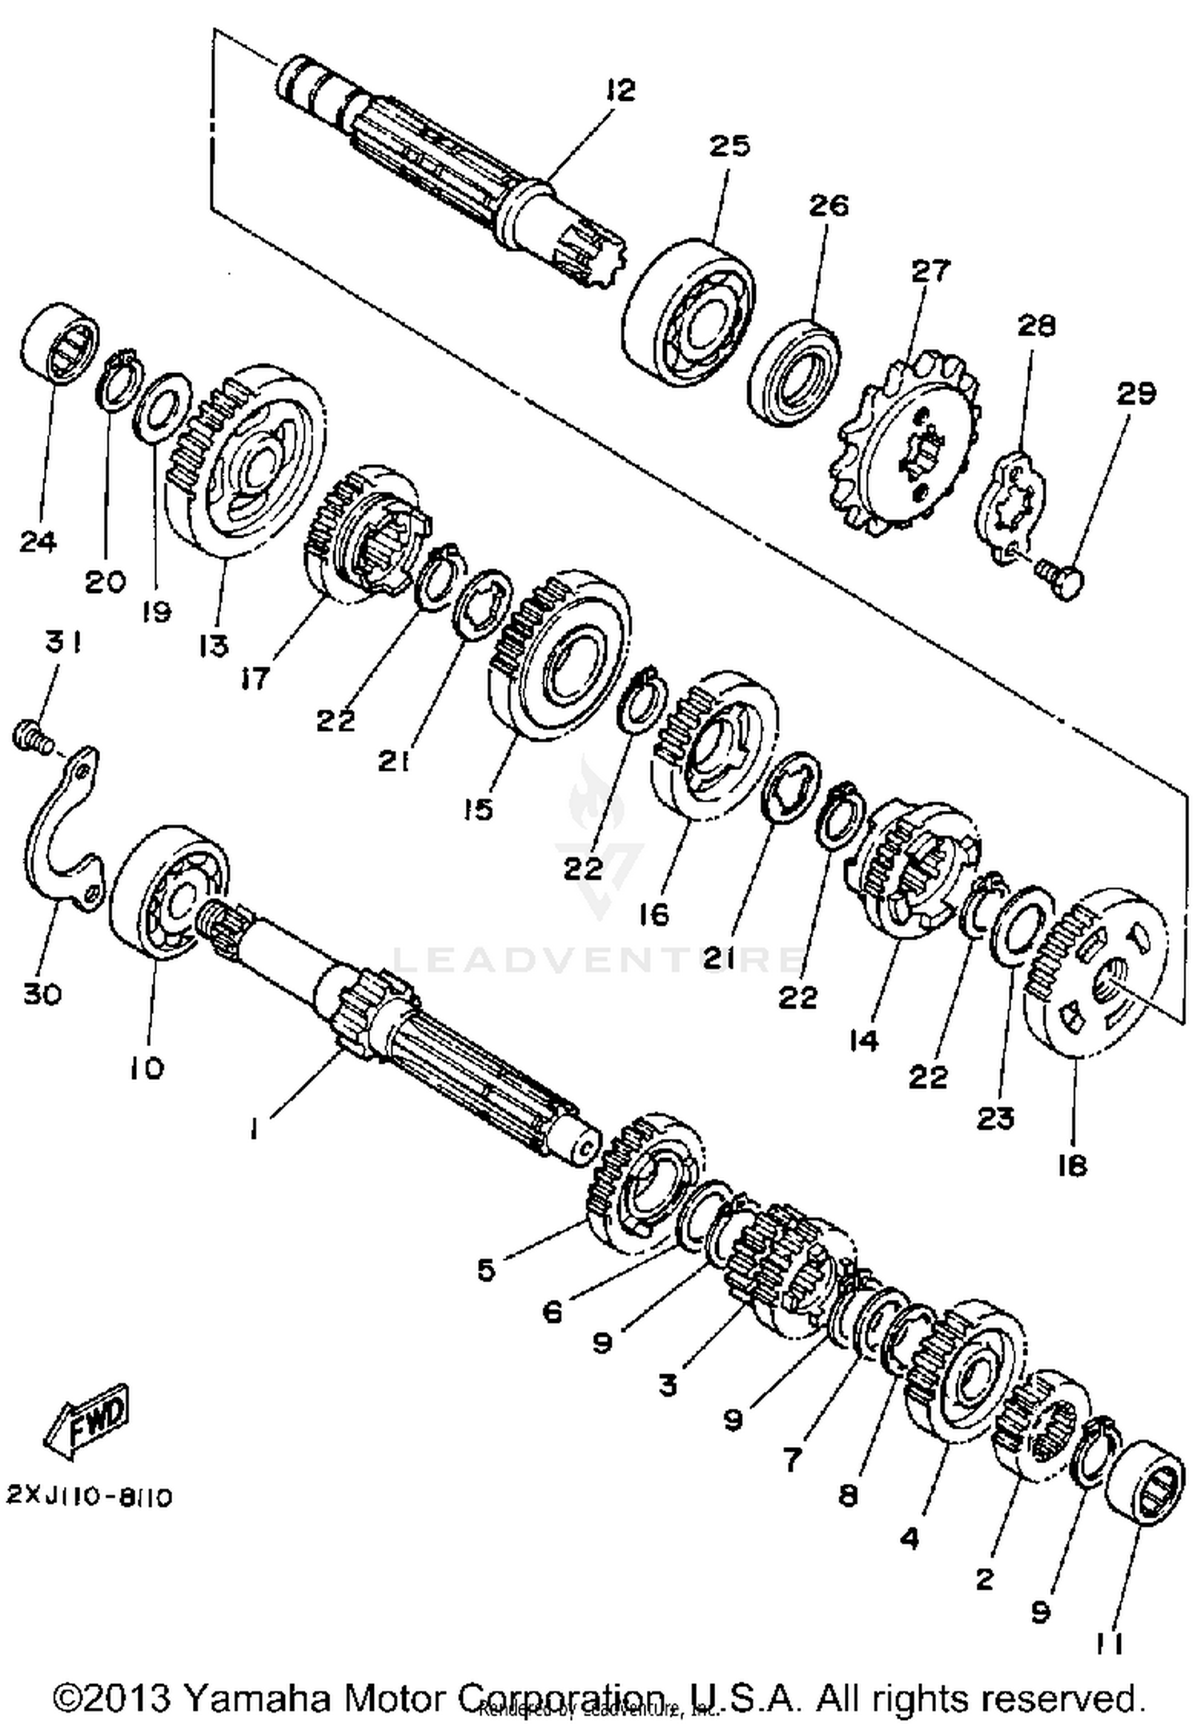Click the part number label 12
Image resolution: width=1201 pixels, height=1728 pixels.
(619, 90)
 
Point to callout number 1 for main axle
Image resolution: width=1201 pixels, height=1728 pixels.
(253, 1129)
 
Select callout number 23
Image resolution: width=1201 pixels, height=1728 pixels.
(995, 1118)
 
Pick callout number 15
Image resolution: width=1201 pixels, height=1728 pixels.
(477, 810)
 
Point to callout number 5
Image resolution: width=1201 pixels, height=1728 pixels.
(486, 1269)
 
